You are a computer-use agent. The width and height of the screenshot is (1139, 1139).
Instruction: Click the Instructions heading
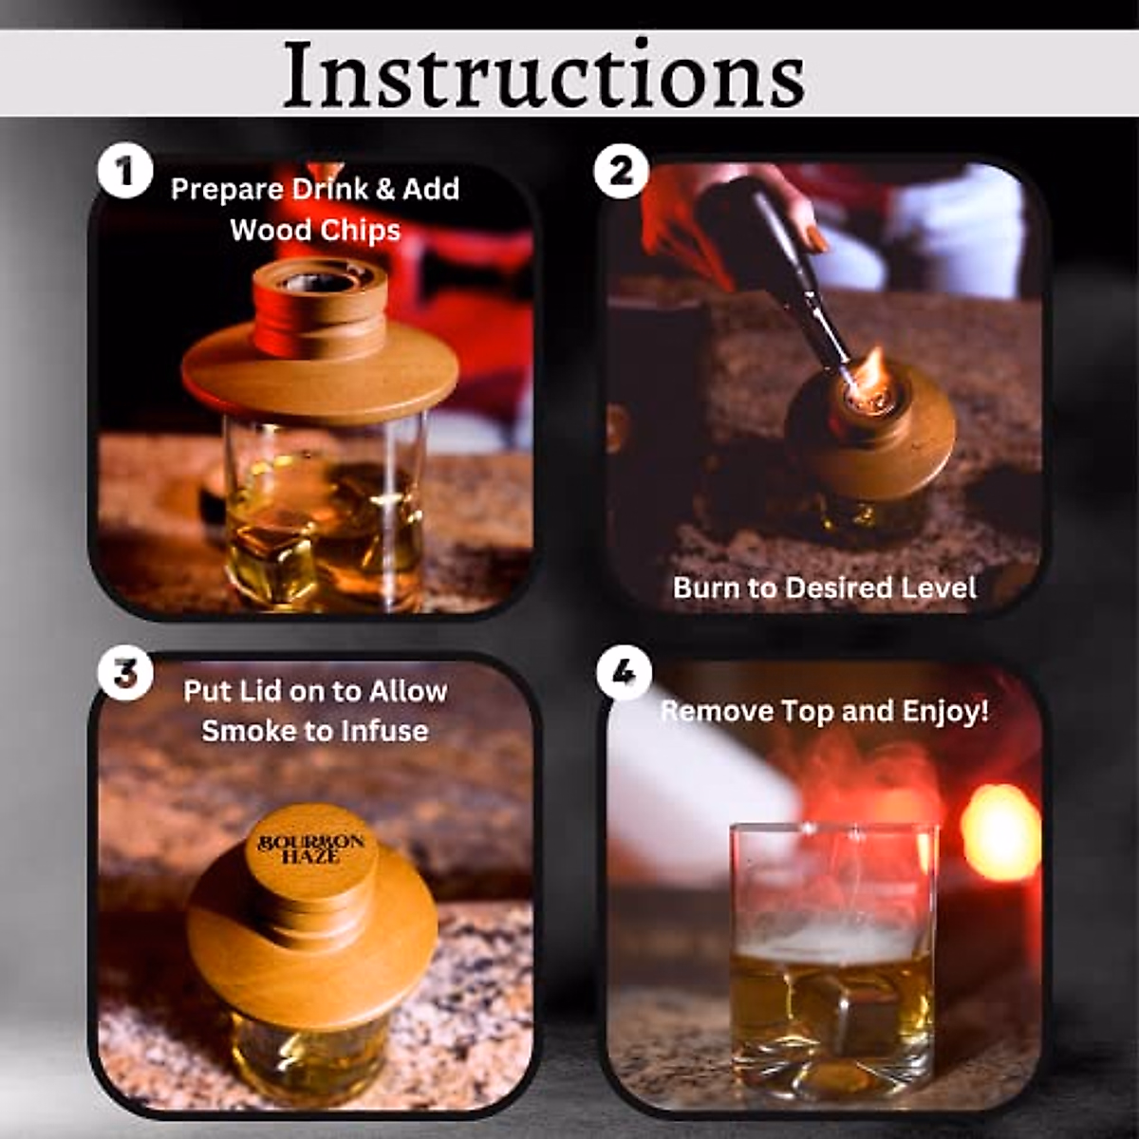tap(544, 74)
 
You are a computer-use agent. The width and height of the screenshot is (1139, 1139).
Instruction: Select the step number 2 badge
tap(621, 172)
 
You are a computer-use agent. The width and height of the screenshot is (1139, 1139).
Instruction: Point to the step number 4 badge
tap(624, 673)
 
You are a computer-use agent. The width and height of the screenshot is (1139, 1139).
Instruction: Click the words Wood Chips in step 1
tap(315, 230)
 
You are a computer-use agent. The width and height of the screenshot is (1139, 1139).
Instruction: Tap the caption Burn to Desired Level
tap(824, 588)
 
